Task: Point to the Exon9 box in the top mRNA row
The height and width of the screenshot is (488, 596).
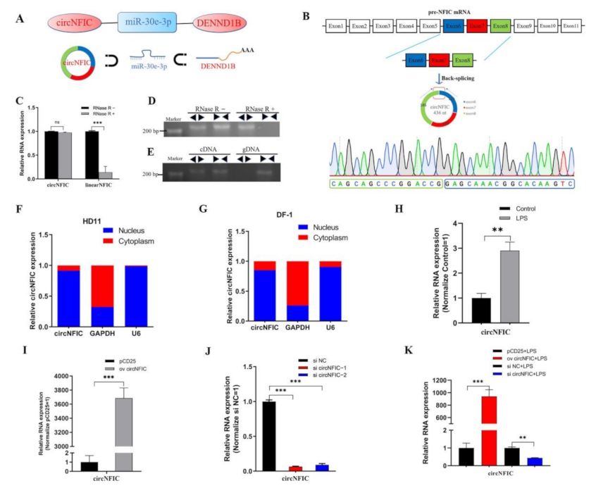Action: point(525,27)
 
